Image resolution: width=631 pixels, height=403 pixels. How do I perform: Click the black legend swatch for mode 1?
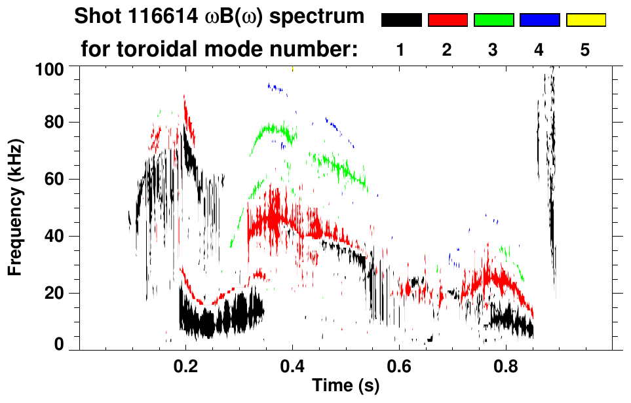pos(401,20)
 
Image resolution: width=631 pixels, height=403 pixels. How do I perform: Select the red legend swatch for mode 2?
pos(448,20)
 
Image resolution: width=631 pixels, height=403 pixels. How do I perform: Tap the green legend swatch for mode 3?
pos(493,20)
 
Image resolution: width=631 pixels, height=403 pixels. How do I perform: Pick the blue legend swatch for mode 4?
pos(539,20)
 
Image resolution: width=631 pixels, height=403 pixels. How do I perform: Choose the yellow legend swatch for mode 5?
pos(586,20)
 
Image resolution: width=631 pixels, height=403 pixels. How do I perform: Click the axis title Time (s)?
pos(345,387)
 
